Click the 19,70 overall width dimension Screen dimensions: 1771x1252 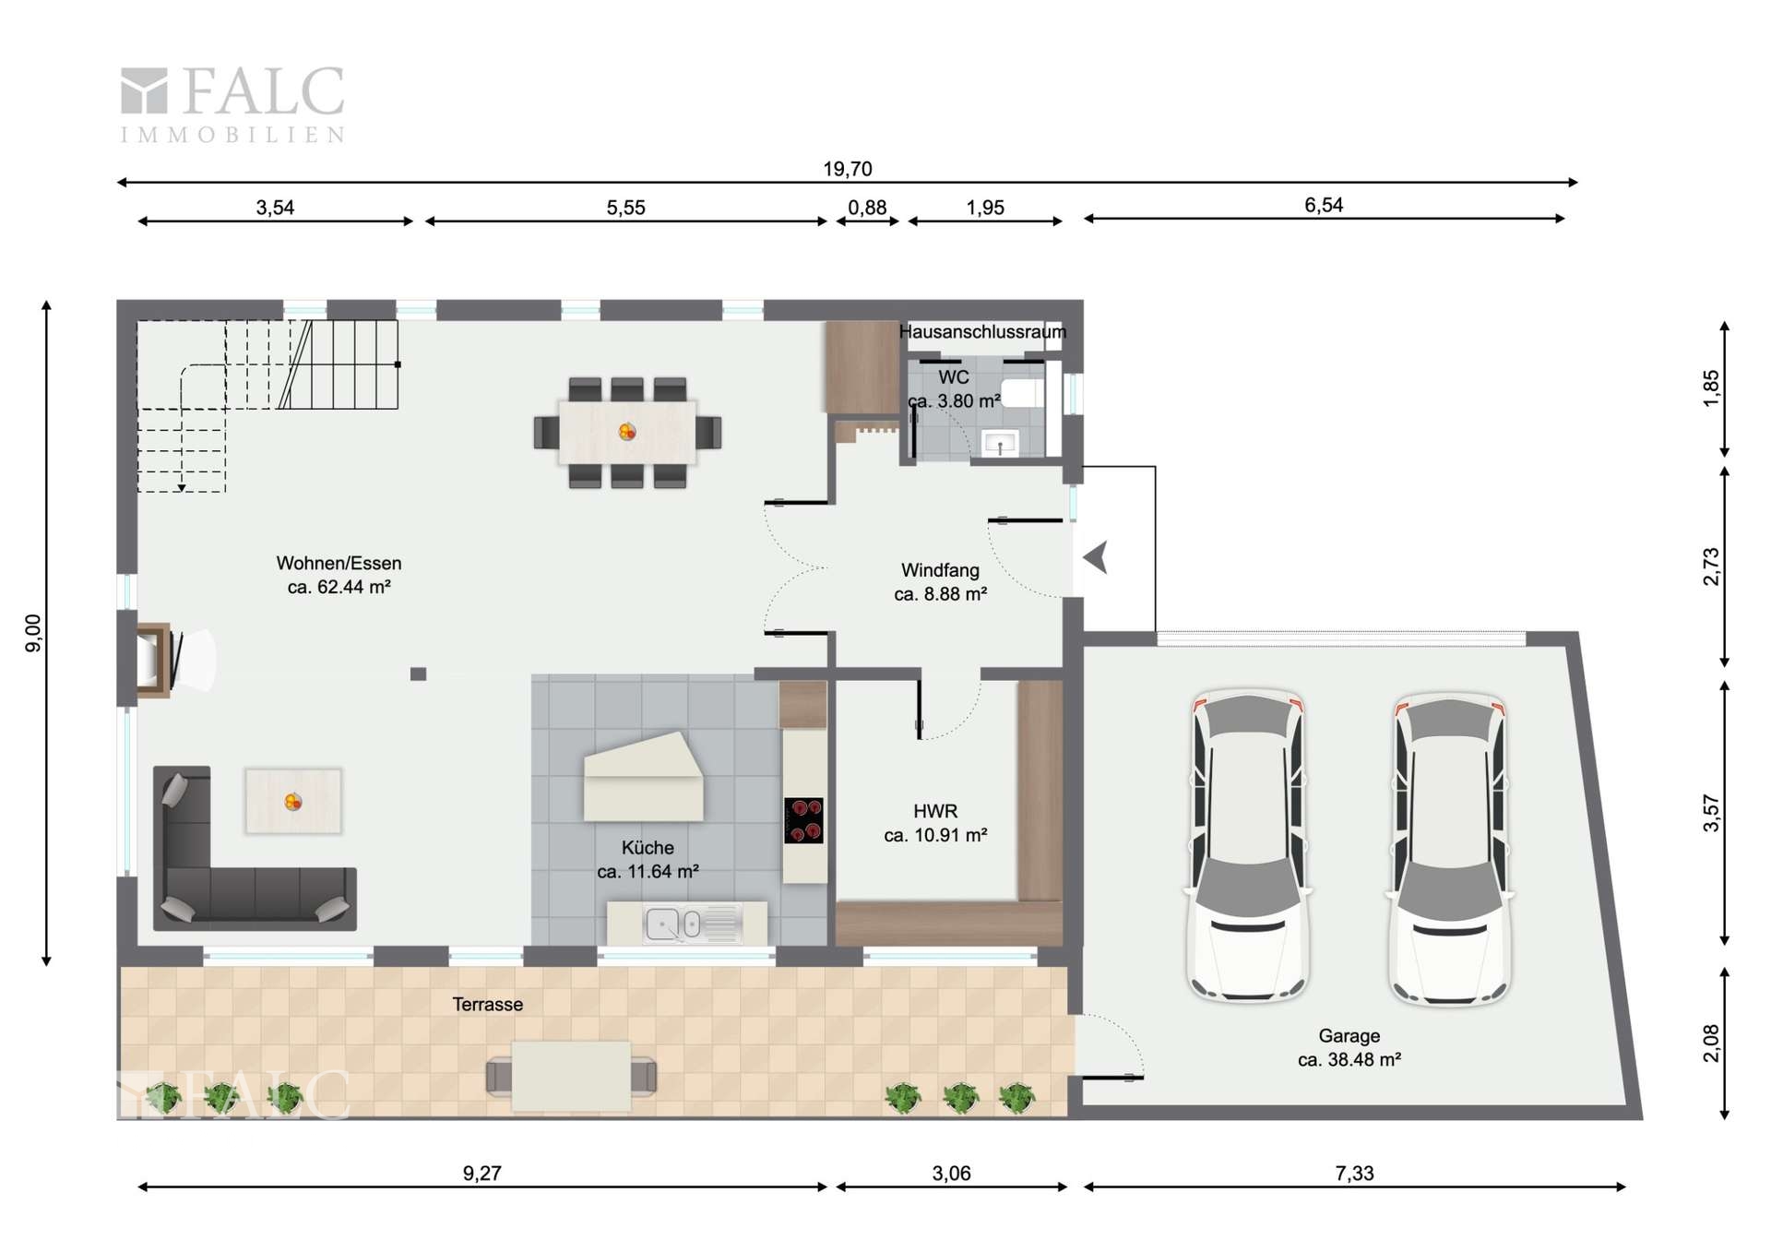coord(847,169)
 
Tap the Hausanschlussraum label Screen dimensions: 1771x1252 coord(982,331)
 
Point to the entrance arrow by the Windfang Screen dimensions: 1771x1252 coord(1095,558)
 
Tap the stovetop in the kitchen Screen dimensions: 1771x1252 coord(803,820)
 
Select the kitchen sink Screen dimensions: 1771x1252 coord(693,924)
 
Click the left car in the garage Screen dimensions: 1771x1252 coord(1248,846)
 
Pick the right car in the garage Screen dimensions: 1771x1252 coord(1449,849)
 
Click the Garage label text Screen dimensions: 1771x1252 coord(1349,1036)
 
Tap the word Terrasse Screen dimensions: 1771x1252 coord(487,1004)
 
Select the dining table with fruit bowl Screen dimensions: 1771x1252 coord(627,432)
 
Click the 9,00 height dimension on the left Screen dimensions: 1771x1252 coord(33,633)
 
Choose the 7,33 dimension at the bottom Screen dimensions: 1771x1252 coord(1354,1174)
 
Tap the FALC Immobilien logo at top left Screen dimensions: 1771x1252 coord(232,104)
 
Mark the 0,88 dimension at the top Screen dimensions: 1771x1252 coord(867,208)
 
